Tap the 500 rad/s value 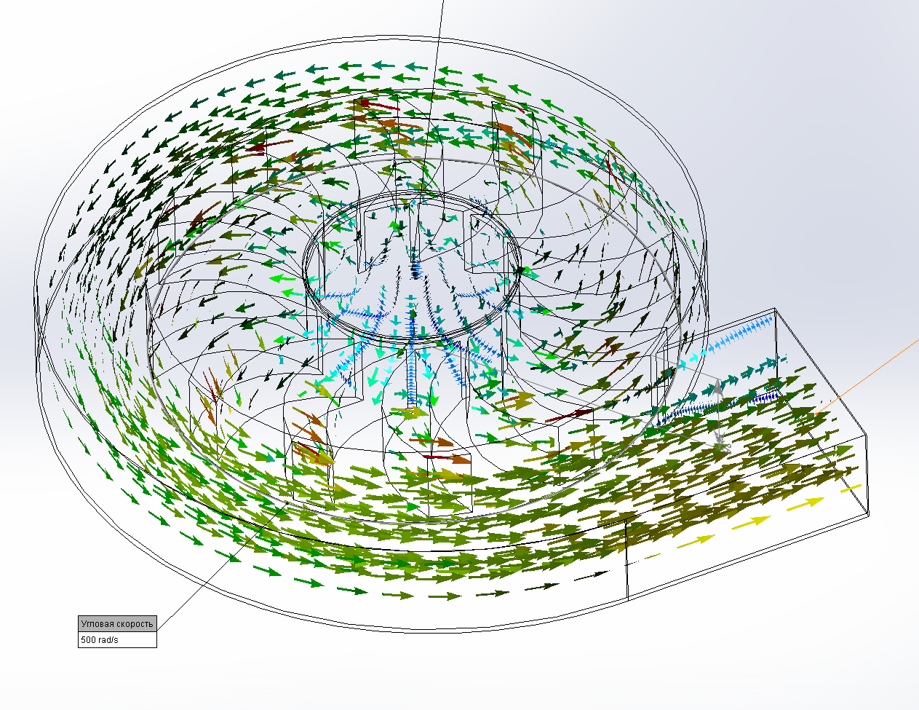(x=100, y=640)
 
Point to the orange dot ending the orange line (x=816, y=413)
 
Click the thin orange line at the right (x=867, y=376)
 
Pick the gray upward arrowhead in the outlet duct (x=717, y=387)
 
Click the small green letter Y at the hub (x=415, y=305)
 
